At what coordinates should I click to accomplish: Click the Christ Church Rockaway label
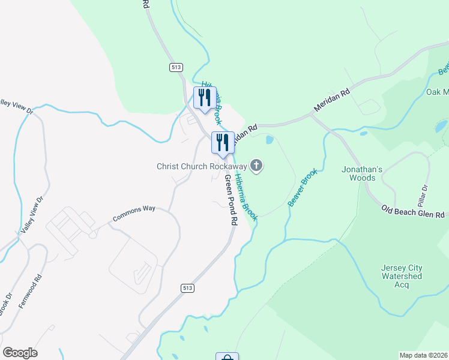(202, 166)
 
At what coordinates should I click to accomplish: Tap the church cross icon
(257, 166)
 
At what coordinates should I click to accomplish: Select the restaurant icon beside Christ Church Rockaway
(222, 143)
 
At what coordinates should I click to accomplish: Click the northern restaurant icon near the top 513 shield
(204, 98)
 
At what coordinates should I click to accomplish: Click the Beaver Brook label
(302, 188)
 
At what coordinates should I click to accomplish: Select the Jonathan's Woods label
(362, 174)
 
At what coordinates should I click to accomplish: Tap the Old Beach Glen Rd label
(415, 212)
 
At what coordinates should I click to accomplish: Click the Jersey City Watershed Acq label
(402, 276)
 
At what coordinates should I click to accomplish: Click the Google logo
(20, 353)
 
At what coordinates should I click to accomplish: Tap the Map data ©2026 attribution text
(424, 355)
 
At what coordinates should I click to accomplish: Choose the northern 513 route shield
(176, 68)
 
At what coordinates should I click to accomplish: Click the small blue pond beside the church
(269, 140)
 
